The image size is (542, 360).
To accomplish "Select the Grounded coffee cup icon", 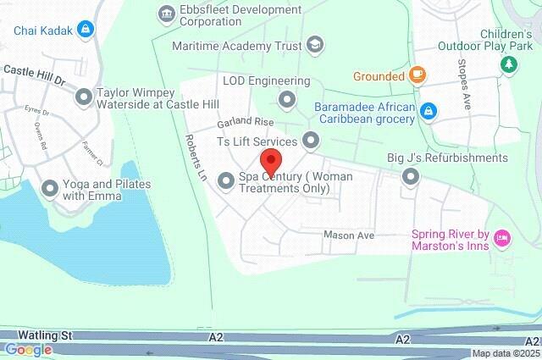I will (417, 76).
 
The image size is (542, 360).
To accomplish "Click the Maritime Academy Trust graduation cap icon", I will (315, 44).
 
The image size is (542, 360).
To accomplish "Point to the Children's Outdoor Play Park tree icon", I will (509, 64).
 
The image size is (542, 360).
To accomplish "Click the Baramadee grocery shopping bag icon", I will (429, 110).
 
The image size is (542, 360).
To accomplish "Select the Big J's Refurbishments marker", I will (412, 176).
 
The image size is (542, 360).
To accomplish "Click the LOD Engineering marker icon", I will (287, 100).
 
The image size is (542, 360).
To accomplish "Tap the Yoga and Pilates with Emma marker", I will (50, 189).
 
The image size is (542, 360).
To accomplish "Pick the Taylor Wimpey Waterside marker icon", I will (83, 98).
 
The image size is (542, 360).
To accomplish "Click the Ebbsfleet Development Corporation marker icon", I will (165, 14).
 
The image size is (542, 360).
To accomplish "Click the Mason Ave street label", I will (349, 235).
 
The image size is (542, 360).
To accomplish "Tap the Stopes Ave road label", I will (464, 85).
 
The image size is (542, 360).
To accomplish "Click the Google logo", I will (27, 350).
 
